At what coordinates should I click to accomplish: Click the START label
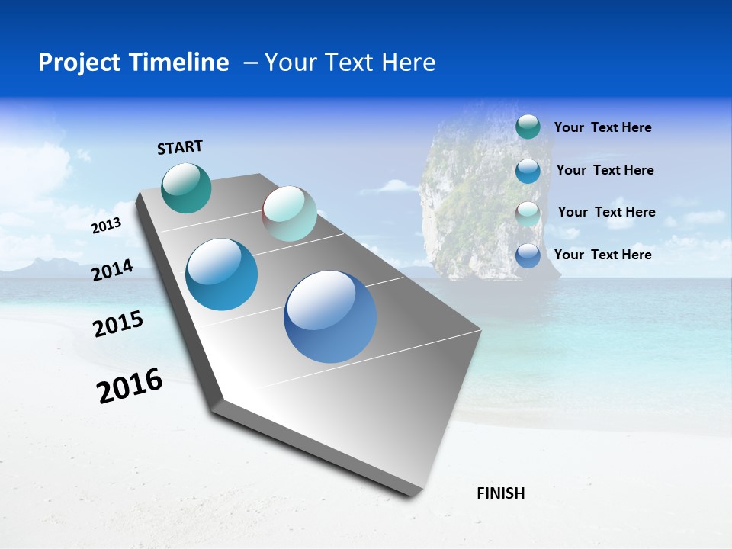pyautogui.click(x=180, y=147)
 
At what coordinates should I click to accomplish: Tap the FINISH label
pyautogui.click(x=500, y=493)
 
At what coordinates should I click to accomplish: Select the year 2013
pyautogui.click(x=106, y=226)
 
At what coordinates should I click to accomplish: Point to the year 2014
pyautogui.click(x=112, y=271)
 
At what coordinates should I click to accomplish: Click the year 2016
pyautogui.click(x=130, y=386)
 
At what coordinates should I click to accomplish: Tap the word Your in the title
pyautogui.click(x=288, y=63)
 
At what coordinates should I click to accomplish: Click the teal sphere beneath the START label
pyautogui.click(x=186, y=188)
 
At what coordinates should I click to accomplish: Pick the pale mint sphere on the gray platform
pyautogui.click(x=289, y=213)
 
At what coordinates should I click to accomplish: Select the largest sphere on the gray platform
pyautogui.click(x=330, y=316)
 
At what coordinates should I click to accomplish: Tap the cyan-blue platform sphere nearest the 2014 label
pyautogui.click(x=222, y=274)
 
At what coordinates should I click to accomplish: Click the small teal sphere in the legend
pyautogui.click(x=528, y=127)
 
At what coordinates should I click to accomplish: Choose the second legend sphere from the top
pyautogui.click(x=528, y=171)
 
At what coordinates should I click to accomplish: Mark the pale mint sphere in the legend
pyautogui.click(x=528, y=213)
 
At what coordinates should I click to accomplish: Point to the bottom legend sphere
pyautogui.click(x=528, y=255)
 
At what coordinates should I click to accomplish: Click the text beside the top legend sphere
pyautogui.click(x=602, y=127)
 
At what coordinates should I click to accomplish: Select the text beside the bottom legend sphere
pyautogui.click(x=602, y=255)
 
